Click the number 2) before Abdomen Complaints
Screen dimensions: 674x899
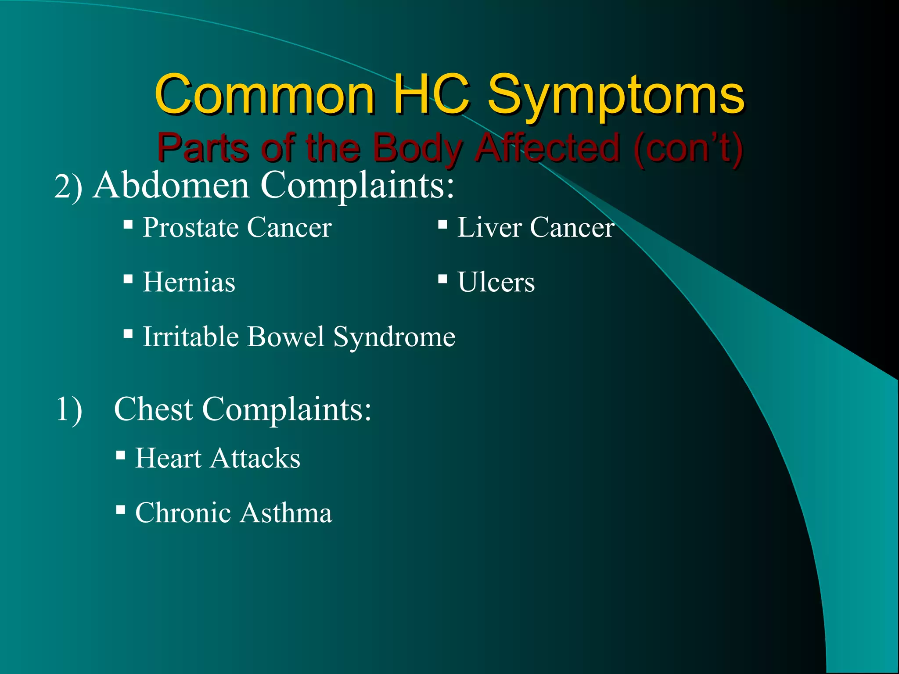pyautogui.click(x=68, y=187)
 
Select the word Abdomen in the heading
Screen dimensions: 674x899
pyautogui.click(x=172, y=185)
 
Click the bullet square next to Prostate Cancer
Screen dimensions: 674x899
pyautogui.click(x=128, y=225)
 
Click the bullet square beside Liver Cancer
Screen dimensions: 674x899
pyautogui.click(x=442, y=225)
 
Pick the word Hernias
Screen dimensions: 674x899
pyautogui.click(x=189, y=282)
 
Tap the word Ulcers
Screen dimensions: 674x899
pyautogui.click(x=496, y=282)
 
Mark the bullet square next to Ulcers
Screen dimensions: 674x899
pyautogui.click(x=442, y=279)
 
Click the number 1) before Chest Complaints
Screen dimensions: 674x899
pyautogui.click(x=69, y=409)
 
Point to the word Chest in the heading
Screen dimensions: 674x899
pyautogui.click(x=153, y=409)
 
